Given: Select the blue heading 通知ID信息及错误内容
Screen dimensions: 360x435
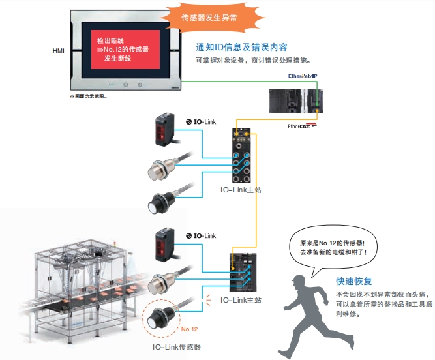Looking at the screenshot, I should tap(241, 48).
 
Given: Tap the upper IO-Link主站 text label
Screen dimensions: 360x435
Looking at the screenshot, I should tap(241, 190).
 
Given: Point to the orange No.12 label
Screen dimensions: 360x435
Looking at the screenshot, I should tap(189, 329).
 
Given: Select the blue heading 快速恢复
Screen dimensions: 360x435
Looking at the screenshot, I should tap(354, 282).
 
